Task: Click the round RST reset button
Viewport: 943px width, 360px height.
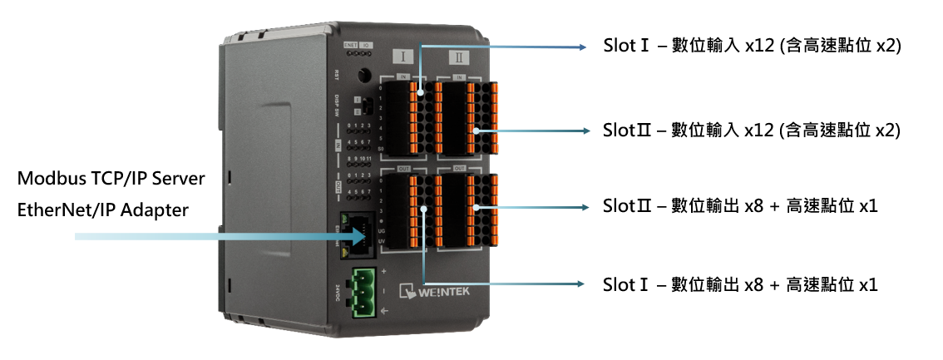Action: (363, 75)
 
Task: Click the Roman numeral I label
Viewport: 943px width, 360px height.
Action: (402, 57)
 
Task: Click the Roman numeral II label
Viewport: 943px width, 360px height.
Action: (459, 57)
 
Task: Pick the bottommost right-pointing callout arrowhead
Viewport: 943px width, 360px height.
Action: (581, 284)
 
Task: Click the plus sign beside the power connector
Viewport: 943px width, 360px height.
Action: (383, 272)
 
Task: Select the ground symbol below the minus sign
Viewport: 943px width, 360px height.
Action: (383, 311)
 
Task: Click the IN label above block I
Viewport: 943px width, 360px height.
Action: (404, 76)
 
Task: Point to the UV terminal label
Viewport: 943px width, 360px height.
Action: (381, 240)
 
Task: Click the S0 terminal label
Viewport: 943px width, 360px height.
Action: (381, 149)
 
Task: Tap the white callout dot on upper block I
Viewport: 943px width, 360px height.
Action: (421, 94)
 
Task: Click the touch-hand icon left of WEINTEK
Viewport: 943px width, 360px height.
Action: (407, 291)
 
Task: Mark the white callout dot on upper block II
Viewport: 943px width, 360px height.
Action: (476, 131)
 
